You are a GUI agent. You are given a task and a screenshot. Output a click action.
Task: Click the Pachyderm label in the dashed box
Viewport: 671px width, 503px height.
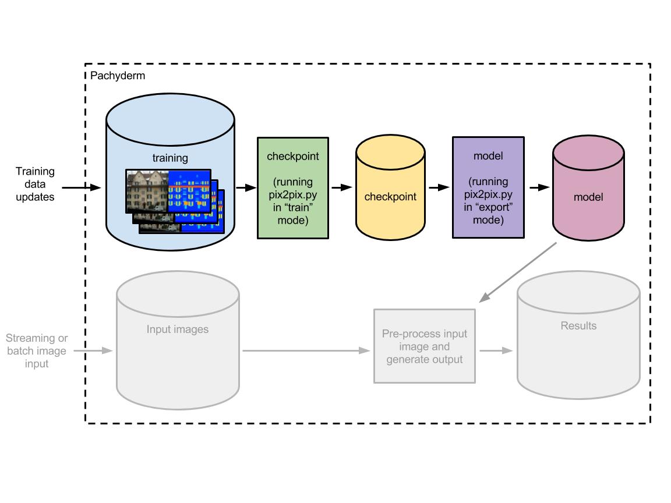[x=118, y=76]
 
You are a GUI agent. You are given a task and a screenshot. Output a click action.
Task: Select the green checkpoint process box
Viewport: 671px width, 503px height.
[x=293, y=187]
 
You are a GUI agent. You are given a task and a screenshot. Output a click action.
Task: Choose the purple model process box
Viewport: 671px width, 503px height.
[x=488, y=187]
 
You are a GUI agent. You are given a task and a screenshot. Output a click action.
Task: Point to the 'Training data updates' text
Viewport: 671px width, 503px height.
[x=35, y=184]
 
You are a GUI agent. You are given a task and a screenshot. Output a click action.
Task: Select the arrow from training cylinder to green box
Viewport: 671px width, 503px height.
[x=246, y=187]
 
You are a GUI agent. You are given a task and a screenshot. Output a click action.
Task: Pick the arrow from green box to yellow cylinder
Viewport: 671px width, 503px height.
[x=342, y=187]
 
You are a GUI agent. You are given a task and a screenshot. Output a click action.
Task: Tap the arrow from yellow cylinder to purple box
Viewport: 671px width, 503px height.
[x=439, y=187]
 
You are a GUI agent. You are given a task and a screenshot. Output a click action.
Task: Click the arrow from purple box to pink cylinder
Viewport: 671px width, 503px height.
[x=539, y=187]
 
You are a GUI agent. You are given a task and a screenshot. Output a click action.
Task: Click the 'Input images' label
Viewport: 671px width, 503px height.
[x=178, y=330]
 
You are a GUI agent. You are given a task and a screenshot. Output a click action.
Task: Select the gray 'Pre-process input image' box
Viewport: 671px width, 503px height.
[x=425, y=346]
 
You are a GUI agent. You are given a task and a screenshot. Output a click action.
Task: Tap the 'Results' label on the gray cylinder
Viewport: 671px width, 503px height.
[x=578, y=326]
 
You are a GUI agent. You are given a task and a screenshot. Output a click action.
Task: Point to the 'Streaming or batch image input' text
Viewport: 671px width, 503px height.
[x=37, y=350]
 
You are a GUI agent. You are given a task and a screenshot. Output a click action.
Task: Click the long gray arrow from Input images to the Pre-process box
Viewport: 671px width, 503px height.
[x=306, y=350]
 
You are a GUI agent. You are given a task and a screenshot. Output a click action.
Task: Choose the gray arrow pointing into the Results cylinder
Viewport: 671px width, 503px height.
[x=496, y=350]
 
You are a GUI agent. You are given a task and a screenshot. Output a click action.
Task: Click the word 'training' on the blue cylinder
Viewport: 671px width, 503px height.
[x=170, y=158]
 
